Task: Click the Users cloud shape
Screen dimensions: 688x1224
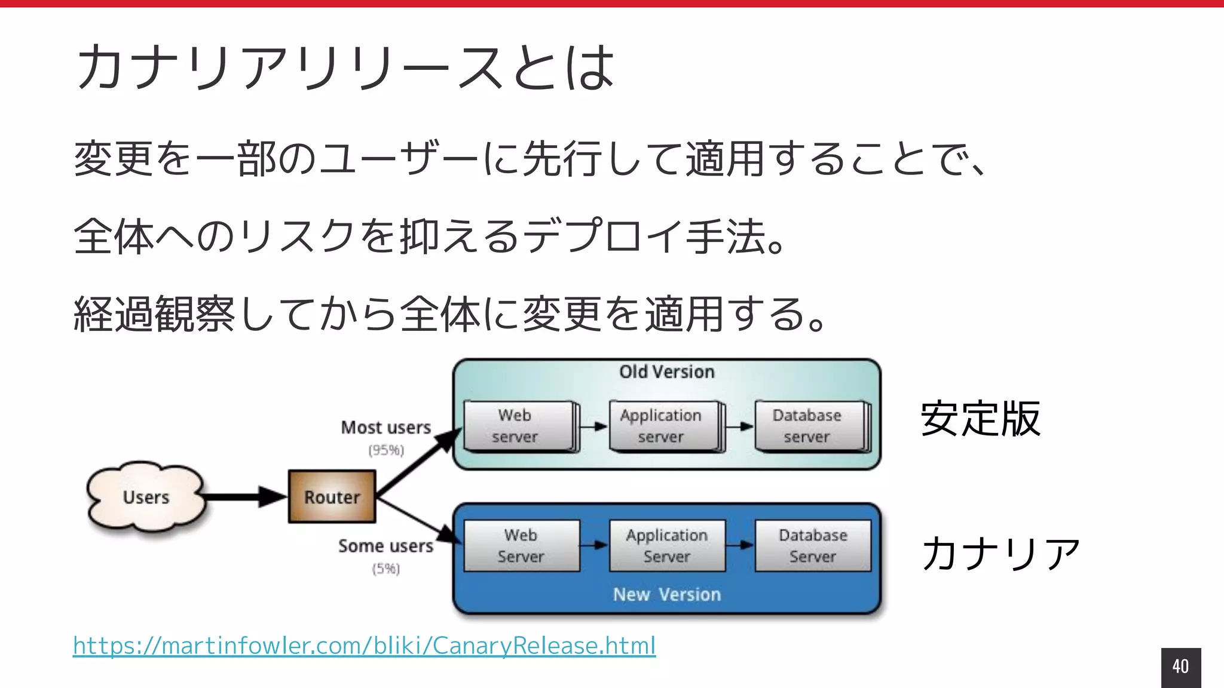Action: [146, 497]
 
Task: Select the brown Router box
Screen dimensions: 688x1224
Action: [332, 497]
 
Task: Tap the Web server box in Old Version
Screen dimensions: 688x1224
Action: [518, 426]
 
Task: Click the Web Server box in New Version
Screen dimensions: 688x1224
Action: [521, 546]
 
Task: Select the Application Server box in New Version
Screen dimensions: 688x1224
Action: [667, 546]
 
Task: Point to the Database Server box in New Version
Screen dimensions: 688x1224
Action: [813, 546]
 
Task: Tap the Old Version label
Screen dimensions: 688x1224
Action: [667, 372]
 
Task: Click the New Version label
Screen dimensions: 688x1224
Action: [667, 595]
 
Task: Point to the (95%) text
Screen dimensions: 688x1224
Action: [386, 450]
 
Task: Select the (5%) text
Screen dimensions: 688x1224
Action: [386, 569]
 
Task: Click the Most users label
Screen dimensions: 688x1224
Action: [386, 428]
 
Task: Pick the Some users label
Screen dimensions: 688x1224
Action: [386, 546]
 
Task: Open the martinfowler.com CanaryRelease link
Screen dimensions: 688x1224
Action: [364, 646]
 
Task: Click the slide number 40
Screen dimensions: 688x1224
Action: [1180, 666]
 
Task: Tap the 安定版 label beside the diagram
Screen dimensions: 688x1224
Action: [981, 419]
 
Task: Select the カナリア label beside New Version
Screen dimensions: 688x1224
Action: [1000, 553]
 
